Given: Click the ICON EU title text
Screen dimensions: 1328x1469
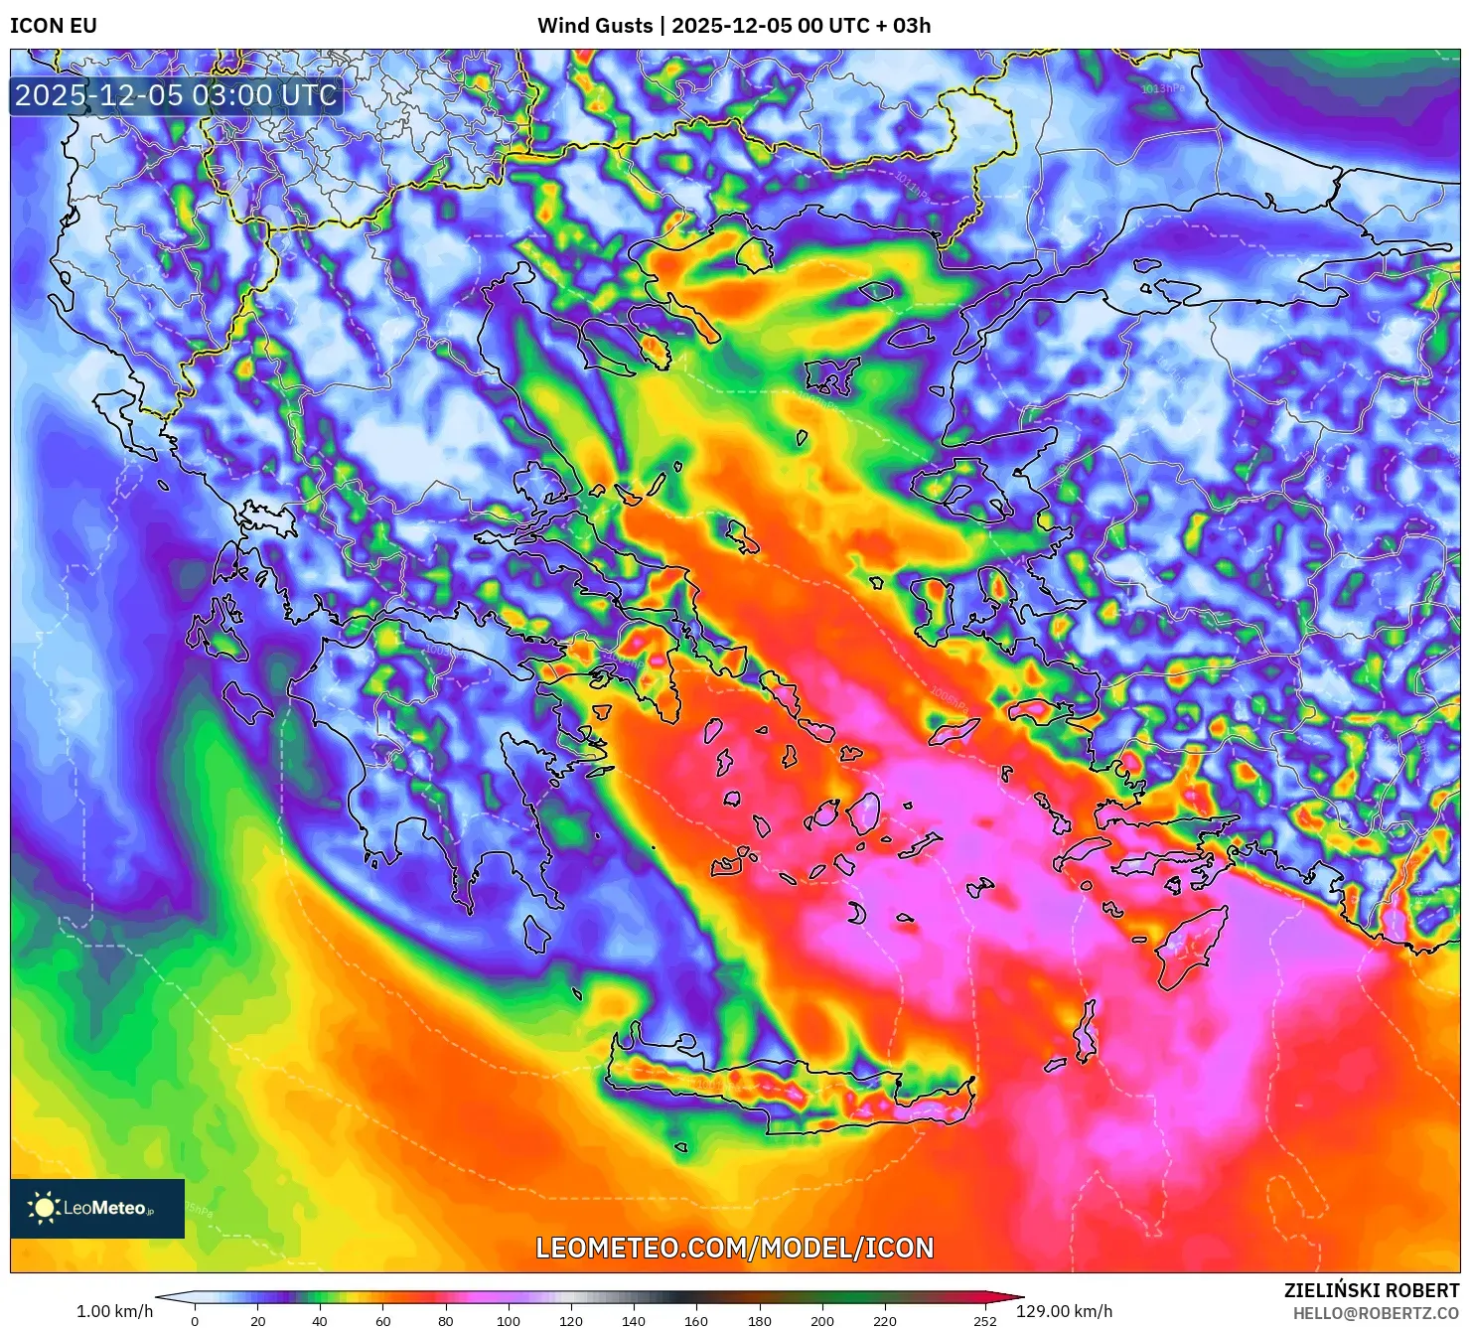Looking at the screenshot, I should coord(54,26).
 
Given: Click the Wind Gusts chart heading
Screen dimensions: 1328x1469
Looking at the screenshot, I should coord(734,26).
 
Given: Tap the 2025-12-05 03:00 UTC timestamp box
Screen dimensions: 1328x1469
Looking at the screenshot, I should coord(176,95).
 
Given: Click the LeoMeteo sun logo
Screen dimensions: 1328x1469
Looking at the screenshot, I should coord(44,1208).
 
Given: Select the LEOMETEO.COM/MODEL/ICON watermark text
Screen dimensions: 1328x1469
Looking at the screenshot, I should coord(734,1248).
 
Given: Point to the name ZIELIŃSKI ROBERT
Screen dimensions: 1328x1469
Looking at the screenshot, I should coord(1371,1290).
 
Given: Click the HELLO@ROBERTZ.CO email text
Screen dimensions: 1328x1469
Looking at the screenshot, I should coord(1376,1313).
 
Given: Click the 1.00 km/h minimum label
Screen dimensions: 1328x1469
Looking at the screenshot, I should coord(114,1311).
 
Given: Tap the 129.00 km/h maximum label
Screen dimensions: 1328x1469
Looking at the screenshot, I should coord(1064,1311).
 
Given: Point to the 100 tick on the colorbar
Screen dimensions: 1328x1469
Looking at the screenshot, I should coord(508,1321).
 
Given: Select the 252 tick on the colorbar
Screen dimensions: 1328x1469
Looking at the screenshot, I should coord(984,1321).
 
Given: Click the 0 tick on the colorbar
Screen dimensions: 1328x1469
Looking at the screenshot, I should coord(195,1321).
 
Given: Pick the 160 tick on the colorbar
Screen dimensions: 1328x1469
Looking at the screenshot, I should coord(696,1321).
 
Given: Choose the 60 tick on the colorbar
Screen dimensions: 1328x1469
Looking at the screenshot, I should coord(382,1321).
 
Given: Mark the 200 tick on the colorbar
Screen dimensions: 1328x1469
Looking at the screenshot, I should coord(822,1321).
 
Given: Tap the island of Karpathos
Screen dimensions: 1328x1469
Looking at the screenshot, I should coord(1086,1033).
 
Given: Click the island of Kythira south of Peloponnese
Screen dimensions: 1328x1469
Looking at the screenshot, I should coord(536,935).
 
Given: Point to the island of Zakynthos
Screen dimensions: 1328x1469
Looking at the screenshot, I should coord(246,702).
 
